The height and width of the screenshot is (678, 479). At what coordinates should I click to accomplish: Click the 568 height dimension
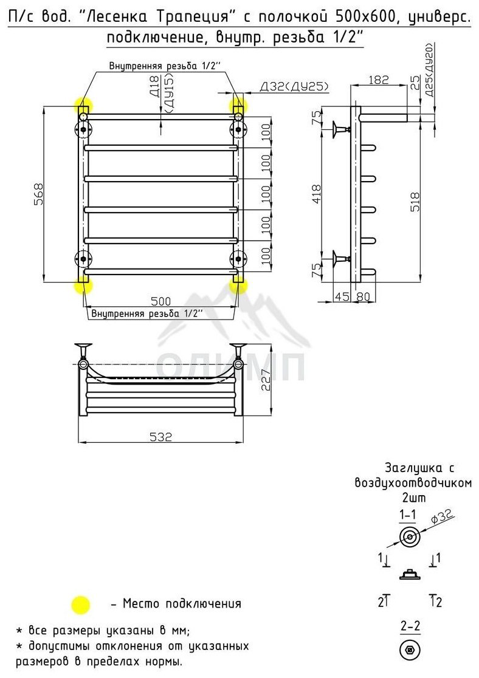point(39,194)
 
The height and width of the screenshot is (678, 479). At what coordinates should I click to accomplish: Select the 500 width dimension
point(161,301)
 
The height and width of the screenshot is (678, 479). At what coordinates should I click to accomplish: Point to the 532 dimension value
point(161,437)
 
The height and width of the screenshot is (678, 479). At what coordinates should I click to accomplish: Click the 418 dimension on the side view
point(317,194)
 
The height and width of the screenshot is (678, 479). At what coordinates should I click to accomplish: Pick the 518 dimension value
point(415,202)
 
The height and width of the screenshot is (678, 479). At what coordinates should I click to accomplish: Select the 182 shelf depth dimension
point(379,80)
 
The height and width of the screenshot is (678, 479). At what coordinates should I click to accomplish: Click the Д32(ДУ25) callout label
point(294,86)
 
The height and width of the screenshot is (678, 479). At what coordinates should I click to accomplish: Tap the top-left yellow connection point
point(83,106)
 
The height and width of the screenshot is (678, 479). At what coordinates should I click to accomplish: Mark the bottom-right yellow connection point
point(238,286)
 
